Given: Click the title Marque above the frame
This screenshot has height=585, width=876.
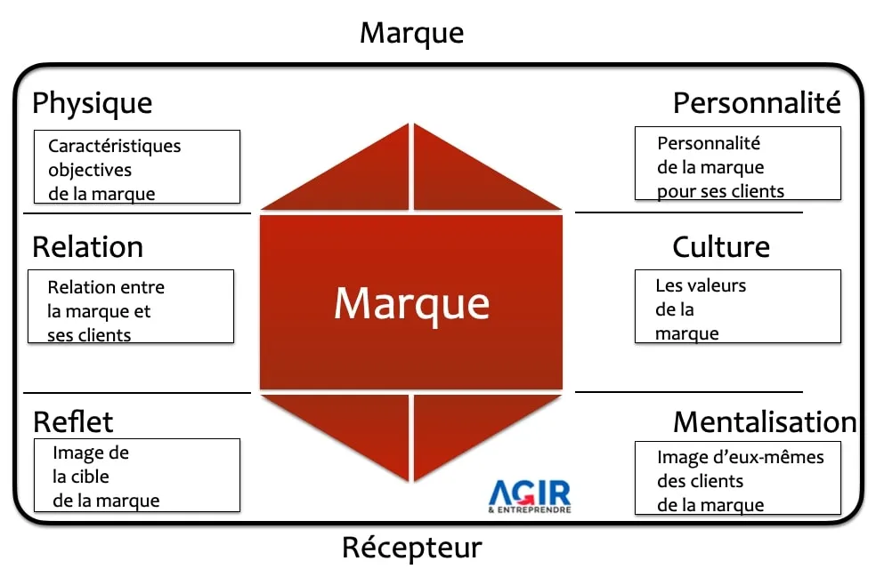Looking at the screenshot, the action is point(412,34).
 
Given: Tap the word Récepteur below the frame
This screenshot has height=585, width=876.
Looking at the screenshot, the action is point(412,548).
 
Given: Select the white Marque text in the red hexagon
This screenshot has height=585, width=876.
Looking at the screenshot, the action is point(412,304).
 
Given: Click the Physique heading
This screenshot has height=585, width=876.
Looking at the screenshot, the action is point(93,104).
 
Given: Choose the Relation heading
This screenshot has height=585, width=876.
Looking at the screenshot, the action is point(88,247).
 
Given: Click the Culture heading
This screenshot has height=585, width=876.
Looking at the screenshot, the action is point(721,247).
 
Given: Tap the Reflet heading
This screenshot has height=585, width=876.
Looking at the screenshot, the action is point(73,422).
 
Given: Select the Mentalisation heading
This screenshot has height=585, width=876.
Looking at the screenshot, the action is point(765,422).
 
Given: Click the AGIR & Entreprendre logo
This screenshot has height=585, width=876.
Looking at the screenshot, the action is point(530,496).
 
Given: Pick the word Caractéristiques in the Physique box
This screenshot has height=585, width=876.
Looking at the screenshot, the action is point(115,146).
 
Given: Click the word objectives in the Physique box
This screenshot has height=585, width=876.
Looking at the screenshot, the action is point(90,170).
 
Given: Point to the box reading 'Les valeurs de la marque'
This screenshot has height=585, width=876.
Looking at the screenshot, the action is point(737,306).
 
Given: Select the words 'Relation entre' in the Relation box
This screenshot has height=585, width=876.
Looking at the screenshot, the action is point(106,287).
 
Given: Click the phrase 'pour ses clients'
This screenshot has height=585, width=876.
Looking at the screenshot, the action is point(721,192).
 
